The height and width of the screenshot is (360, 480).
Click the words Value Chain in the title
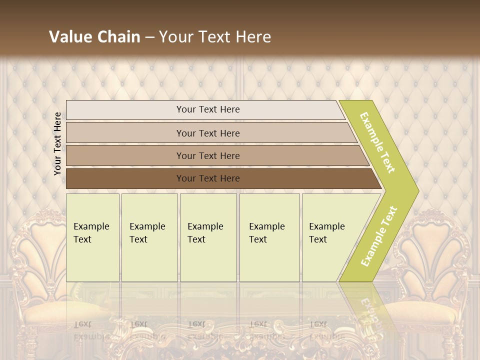click(x=94, y=37)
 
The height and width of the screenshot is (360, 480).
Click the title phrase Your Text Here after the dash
click(x=215, y=37)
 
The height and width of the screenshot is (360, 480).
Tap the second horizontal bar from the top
click(x=207, y=133)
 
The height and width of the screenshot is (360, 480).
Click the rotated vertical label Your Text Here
click(x=57, y=143)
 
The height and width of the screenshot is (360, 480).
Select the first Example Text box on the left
click(x=92, y=237)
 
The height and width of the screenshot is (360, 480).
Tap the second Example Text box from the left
click(x=149, y=237)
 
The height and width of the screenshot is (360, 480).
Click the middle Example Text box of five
click(x=208, y=237)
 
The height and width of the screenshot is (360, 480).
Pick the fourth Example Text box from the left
click(x=269, y=237)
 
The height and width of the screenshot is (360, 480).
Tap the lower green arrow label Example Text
click(x=379, y=236)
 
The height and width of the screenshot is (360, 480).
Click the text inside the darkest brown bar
click(x=208, y=178)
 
